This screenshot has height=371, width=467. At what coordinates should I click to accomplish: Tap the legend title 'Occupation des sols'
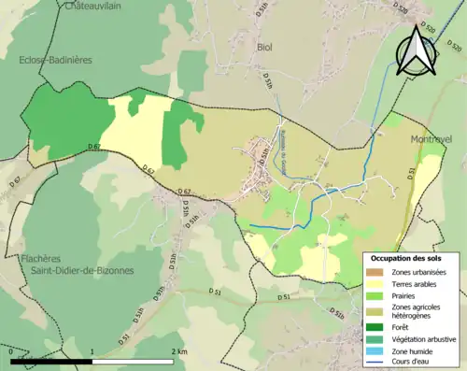click(x=406, y=258)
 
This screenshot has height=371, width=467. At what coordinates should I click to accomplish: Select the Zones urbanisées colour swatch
click(x=377, y=271)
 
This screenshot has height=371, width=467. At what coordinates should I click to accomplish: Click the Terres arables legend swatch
click(x=377, y=283)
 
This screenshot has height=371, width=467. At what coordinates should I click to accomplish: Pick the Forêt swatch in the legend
click(x=377, y=326)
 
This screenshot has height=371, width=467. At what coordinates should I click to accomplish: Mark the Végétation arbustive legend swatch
click(x=377, y=338)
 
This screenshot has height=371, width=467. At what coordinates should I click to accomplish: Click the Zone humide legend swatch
click(x=377, y=350)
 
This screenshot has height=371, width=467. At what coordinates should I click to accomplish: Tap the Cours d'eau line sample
click(x=377, y=362)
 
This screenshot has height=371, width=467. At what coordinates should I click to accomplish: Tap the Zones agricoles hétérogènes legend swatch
click(x=377, y=309)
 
